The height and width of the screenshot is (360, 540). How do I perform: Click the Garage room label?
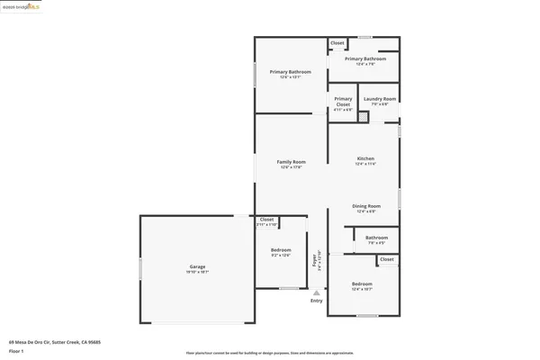[x=198, y=267]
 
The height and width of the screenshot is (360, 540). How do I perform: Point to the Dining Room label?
[x=365, y=206]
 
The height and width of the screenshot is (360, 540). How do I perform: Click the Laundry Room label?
[x=380, y=99]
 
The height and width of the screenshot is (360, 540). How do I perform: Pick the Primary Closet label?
[x=343, y=102]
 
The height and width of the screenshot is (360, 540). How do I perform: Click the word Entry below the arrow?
[x=316, y=301]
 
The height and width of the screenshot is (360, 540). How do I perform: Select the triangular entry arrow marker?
[x=316, y=292]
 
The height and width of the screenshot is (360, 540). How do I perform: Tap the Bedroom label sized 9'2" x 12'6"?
[x=281, y=249]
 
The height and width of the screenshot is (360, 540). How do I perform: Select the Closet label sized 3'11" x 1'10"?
[x=266, y=220]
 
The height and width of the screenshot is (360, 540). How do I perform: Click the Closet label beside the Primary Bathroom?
[x=337, y=43]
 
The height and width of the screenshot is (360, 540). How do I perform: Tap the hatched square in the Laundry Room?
[x=364, y=116]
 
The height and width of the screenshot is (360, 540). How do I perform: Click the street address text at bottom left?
[x=54, y=342]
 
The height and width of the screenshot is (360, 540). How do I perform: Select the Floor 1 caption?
[x=16, y=351]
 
